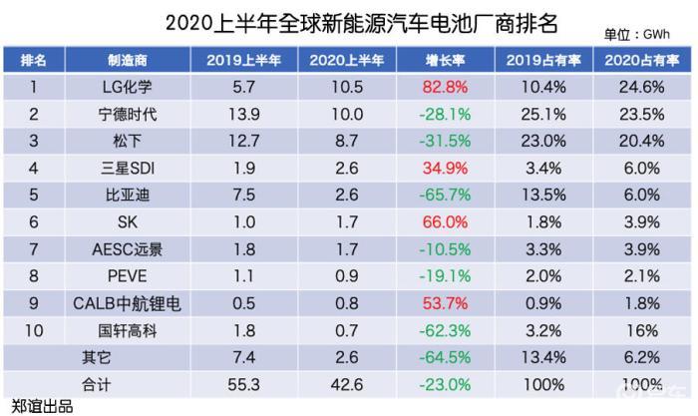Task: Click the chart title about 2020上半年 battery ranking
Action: [361, 23]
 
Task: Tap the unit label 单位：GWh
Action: [636, 34]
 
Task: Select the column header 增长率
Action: [445, 60]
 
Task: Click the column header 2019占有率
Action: [543, 60]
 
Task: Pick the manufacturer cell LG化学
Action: [128, 87]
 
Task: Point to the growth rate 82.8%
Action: [445, 87]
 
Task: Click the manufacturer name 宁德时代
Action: [128, 115]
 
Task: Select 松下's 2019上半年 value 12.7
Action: [244, 142]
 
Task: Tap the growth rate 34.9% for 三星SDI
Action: [445, 169]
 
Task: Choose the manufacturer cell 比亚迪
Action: [128, 196]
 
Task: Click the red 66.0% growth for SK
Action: [445, 221]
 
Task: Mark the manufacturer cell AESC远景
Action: [128, 249]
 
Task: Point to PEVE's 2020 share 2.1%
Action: [642, 276]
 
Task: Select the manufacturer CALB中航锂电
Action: [128, 303]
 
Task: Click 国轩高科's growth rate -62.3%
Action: [445, 331]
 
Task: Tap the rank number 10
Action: [34, 331]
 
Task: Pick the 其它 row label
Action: [96, 358]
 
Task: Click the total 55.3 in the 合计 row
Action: [244, 385]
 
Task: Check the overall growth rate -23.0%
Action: [445, 385]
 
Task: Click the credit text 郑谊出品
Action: [42, 407]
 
